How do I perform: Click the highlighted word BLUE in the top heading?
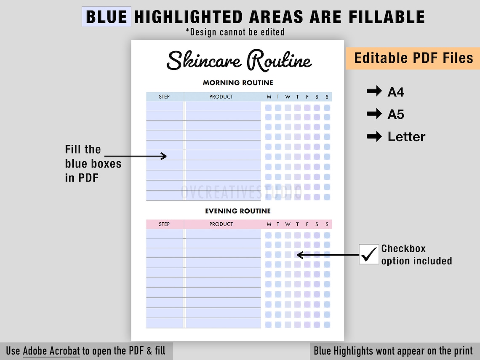[x=106, y=17]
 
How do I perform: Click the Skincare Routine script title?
[x=239, y=60]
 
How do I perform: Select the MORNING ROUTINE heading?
[x=238, y=83]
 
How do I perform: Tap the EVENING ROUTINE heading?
[x=238, y=211]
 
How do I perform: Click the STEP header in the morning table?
[x=164, y=97]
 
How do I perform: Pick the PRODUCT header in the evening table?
[x=221, y=224]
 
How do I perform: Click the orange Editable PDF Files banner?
[x=413, y=58]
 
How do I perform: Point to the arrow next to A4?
[x=374, y=91]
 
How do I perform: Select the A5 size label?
[x=396, y=115]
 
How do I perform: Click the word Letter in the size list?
[x=407, y=137]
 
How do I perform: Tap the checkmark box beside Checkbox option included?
[x=369, y=254]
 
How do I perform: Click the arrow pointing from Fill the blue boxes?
[x=136, y=156]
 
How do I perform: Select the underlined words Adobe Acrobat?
[x=51, y=351]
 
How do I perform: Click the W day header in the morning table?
[x=288, y=97]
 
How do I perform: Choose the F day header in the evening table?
[x=307, y=224]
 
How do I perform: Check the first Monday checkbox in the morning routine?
[x=268, y=108]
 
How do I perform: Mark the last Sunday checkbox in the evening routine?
[x=327, y=325]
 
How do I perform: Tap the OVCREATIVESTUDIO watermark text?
[x=241, y=192]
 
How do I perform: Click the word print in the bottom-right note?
[x=461, y=351]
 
